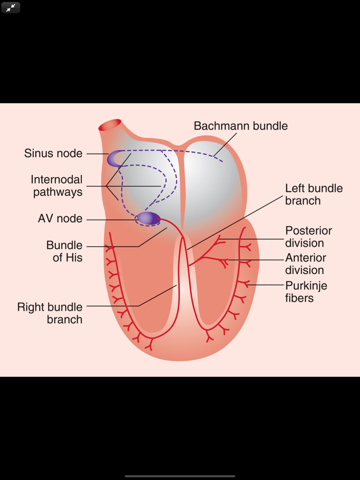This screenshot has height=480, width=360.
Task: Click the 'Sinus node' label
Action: (53, 153)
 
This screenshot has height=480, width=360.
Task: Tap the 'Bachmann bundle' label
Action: (240, 126)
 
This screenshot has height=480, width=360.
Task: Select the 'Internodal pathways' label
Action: (57, 186)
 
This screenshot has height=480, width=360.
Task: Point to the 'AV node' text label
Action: (60, 218)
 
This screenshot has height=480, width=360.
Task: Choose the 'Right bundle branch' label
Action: (50, 313)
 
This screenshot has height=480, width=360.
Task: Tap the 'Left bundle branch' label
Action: (314, 194)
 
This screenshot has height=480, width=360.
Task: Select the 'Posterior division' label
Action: (309, 237)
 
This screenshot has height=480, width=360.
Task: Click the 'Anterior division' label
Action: (305, 264)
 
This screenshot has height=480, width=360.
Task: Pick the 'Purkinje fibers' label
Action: (306, 291)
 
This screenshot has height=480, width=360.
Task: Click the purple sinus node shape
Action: (115, 158)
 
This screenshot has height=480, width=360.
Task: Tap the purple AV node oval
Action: (148, 218)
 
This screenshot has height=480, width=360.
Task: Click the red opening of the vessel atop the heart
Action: (111, 125)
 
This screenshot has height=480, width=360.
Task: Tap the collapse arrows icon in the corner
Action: (10, 8)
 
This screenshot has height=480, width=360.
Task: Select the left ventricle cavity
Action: (213, 293)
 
